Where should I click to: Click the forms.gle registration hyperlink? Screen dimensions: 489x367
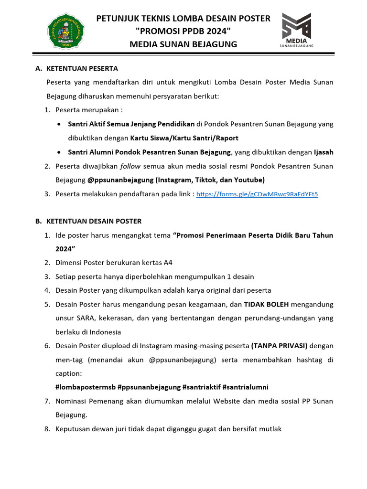[x=257, y=194]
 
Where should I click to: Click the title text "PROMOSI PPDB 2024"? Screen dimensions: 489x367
[x=183, y=32]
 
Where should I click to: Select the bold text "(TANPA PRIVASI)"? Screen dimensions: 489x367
[x=280, y=345]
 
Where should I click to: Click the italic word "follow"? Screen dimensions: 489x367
[x=130, y=166]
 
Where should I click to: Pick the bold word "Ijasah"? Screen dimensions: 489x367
[x=324, y=152]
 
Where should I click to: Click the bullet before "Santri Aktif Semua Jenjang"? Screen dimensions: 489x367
[x=58, y=124]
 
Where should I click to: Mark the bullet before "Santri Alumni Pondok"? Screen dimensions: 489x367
[x=58, y=152]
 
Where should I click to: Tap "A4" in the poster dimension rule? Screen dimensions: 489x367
[x=168, y=263]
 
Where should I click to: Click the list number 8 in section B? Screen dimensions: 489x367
[x=47, y=429]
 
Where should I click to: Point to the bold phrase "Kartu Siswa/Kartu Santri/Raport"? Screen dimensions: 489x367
[x=184, y=138]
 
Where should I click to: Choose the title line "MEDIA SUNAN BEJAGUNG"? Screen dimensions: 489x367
[x=183, y=44]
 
